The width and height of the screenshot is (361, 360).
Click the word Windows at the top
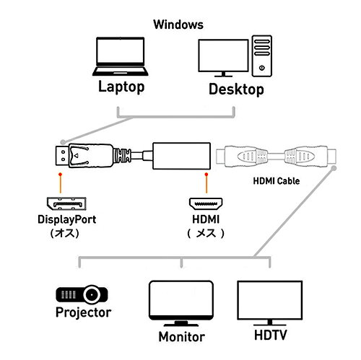(178, 25)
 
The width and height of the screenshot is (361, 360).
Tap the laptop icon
(120, 56)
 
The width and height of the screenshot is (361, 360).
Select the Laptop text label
(121, 87)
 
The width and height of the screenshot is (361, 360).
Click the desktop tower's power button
(262, 68)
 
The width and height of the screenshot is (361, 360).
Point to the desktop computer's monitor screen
(223, 56)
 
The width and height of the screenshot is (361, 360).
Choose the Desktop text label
(236, 89)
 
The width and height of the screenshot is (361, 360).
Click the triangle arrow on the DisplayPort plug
(76, 156)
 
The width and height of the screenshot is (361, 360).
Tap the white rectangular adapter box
(181, 156)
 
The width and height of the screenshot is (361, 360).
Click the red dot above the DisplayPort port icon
(60, 174)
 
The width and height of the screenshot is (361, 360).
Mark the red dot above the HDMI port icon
(206, 174)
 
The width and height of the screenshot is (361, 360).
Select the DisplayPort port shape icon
(66, 203)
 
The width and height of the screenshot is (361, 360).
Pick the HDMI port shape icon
(206, 204)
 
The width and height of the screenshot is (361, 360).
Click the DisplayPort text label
(67, 219)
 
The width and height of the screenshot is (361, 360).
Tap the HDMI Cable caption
(277, 181)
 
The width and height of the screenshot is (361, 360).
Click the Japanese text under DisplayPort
(65, 233)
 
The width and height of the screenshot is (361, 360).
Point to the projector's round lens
(92, 294)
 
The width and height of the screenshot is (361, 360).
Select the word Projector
(84, 312)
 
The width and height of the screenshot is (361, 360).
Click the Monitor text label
(182, 337)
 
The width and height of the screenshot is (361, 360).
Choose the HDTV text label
(271, 335)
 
